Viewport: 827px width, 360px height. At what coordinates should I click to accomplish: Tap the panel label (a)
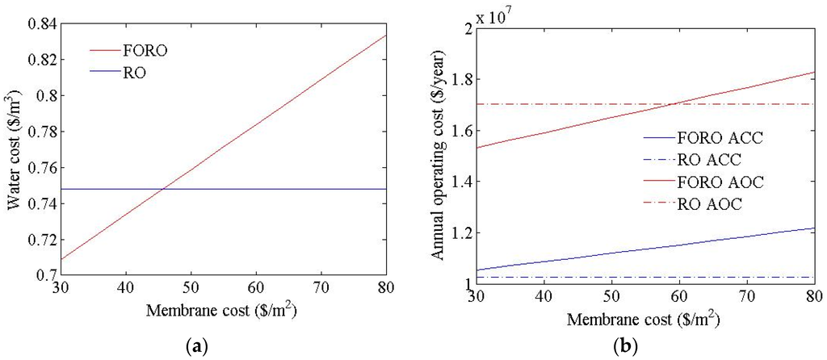click(196, 346)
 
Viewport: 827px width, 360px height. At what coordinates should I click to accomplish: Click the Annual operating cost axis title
click(437, 156)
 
